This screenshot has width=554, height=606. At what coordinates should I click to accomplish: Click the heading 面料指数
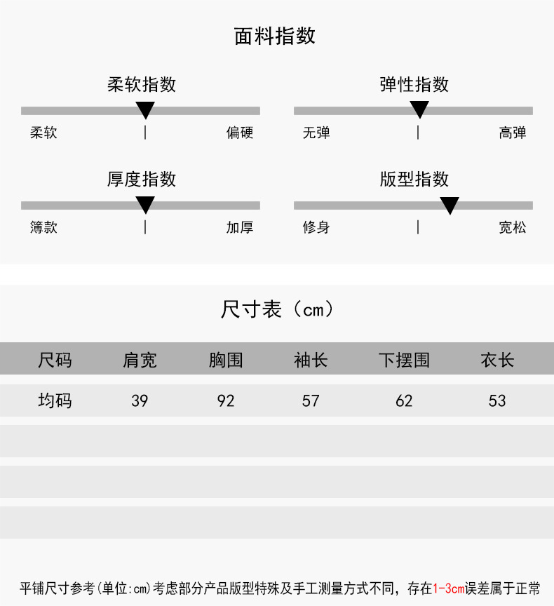[x=275, y=36]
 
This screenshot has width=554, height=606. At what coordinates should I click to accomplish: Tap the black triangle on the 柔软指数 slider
[x=145, y=109]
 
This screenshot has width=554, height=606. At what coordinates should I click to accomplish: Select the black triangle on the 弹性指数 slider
[x=419, y=109]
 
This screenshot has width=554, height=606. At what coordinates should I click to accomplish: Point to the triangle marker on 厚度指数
[x=145, y=204]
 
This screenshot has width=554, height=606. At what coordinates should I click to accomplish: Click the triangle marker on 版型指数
[x=450, y=205]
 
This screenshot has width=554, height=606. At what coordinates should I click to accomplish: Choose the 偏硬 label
[x=240, y=133]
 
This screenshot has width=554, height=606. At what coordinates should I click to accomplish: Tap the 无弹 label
[x=316, y=133]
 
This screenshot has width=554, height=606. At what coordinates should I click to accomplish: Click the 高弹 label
[x=513, y=133]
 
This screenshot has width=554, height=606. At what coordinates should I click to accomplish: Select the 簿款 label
[x=43, y=227]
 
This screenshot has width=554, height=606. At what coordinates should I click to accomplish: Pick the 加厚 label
[x=240, y=227]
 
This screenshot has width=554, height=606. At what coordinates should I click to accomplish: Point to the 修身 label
[x=316, y=227]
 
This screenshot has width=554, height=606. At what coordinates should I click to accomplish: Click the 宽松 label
[x=513, y=227]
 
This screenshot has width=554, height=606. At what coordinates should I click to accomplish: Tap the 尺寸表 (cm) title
[x=276, y=309]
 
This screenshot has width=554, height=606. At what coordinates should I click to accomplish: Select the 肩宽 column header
[x=140, y=361]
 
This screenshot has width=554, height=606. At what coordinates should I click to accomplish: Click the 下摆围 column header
[x=404, y=361]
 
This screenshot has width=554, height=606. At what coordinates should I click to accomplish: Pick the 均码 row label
[x=55, y=401]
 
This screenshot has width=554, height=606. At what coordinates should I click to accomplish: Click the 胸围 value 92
[x=226, y=401]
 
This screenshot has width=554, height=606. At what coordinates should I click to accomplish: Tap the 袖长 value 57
[x=311, y=401]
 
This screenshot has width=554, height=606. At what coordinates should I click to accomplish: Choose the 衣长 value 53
[x=497, y=401]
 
